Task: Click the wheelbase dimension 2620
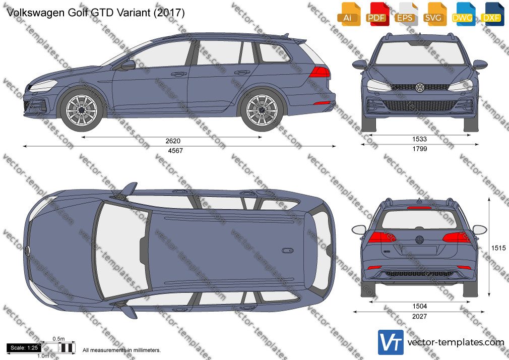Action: click(x=173, y=141)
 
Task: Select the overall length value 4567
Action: click(x=175, y=151)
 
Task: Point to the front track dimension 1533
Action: click(x=419, y=139)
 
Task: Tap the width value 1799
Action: click(x=419, y=149)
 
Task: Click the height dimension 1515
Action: click(x=498, y=248)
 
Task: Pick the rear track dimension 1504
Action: click(x=419, y=307)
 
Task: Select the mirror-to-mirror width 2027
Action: click(x=419, y=316)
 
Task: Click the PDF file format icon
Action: click(x=376, y=14)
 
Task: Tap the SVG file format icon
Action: click(x=433, y=14)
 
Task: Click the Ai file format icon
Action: click(x=348, y=14)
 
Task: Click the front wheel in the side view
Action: click(x=82, y=110)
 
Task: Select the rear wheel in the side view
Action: click(x=262, y=110)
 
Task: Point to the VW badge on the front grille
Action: click(x=420, y=87)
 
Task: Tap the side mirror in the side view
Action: click(x=128, y=66)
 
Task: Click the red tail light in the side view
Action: click(x=319, y=72)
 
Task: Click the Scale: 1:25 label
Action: click(x=24, y=348)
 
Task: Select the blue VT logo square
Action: click(x=391, y=342)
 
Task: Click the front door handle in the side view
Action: click(x=179, y=75)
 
